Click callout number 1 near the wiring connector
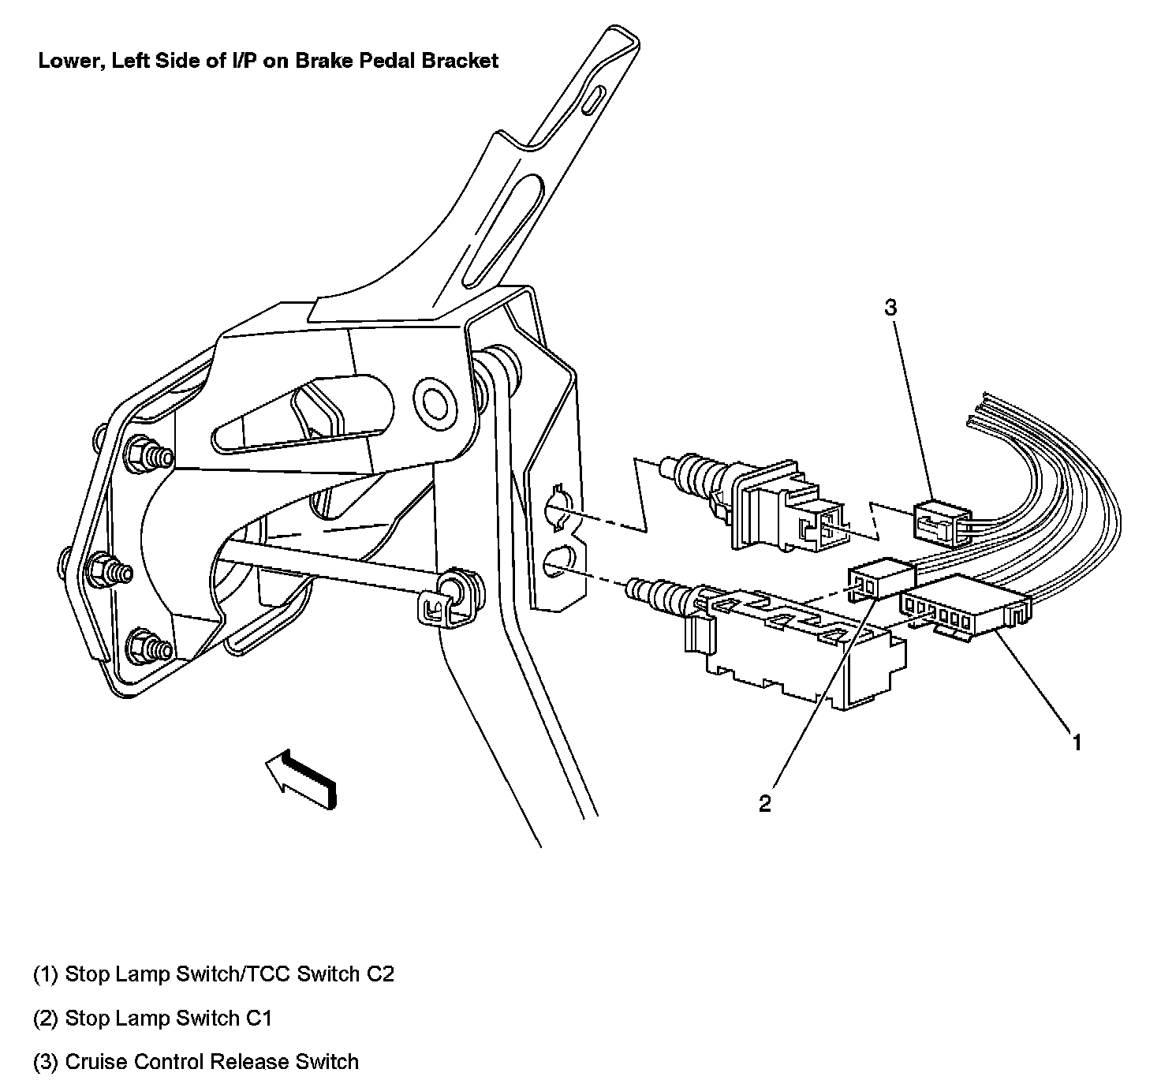(1076, 742)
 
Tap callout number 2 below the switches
(765, 803)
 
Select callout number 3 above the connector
(890, 308)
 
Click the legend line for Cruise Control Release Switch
(196, 1061)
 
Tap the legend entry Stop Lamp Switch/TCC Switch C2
(213, 974)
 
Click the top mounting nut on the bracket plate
(140, 451)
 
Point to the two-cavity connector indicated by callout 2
(877, 580)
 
